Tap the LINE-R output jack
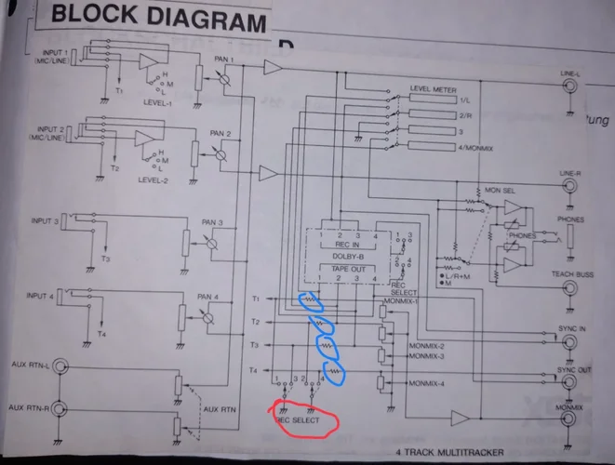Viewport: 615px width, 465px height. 569,186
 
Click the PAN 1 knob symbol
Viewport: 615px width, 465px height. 225,82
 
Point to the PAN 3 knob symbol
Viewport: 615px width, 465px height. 213,244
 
